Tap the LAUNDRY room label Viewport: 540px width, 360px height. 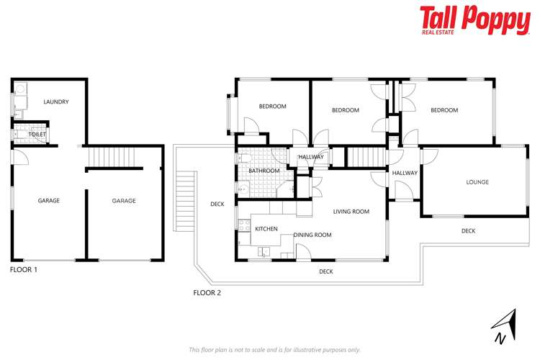(x=56, y=102)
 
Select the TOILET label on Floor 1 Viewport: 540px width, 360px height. (x=37, y=135)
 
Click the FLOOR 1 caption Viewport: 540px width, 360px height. (x=24, y=269)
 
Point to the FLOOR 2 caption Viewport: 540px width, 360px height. (x=208, y=292)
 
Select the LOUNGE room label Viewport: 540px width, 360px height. (x=477, y=182)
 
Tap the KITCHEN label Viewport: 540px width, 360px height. (x=266, y=228)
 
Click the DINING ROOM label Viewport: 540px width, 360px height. (x=312, y=235)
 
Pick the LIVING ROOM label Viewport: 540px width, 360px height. (x=351, y=212)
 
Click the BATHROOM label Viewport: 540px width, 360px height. (x=264, y=171)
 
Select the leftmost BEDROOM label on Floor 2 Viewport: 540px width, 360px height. (x=272, y=107)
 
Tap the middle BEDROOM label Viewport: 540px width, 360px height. (x=345, y=110)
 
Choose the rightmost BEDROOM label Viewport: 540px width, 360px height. (x=444, y=110)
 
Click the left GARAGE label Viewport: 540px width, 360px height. (x=49, y=201)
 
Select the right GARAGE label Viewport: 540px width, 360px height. (x=124, y=201)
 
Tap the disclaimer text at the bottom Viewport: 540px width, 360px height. (x=274, y=350)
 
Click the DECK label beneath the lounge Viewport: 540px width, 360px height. (x=468, y=231)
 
